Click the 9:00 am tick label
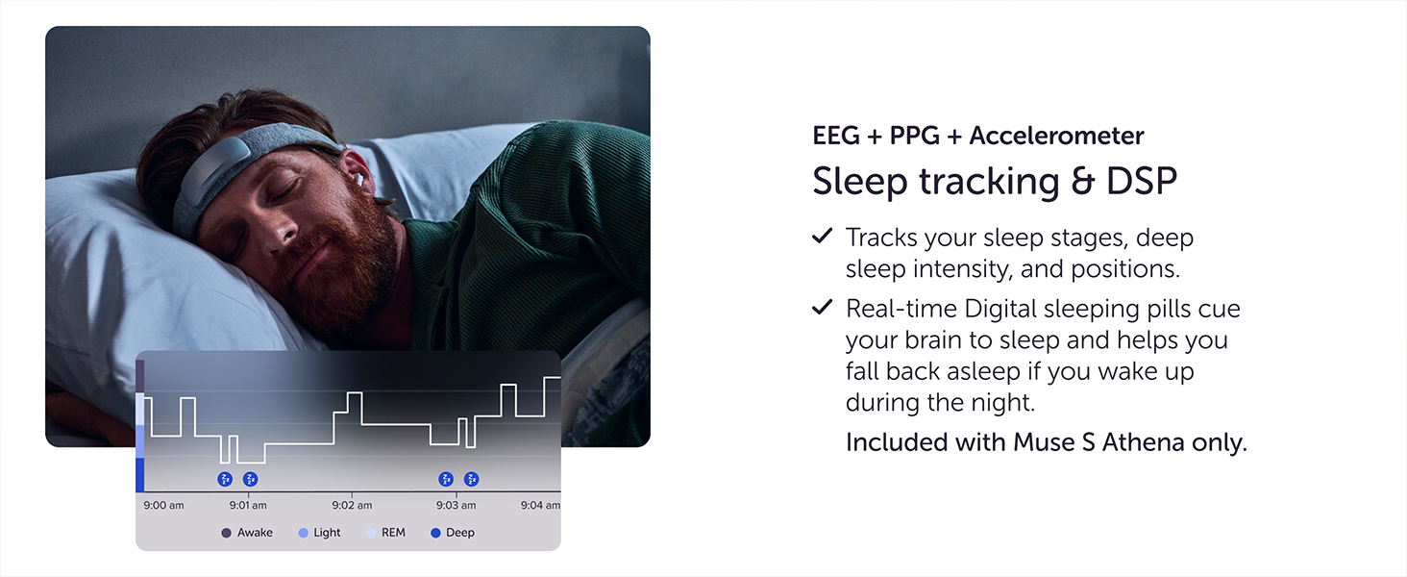point(163,505)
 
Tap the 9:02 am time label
point(352,505)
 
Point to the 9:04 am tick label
point(540,505)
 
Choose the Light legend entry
point(320,533)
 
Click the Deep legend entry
point(453,533)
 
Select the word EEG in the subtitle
point(836,137)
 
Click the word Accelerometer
point(1056,137)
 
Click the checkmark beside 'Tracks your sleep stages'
point(822,236)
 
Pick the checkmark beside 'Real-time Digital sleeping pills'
point(822,308)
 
